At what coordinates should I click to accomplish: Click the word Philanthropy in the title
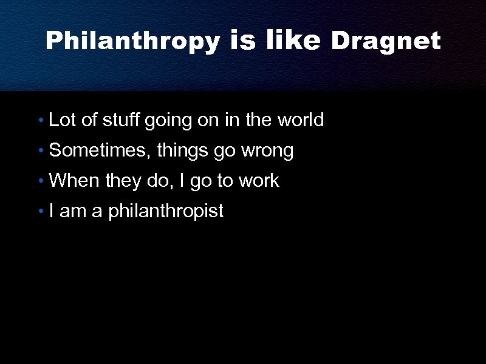coord(133,41)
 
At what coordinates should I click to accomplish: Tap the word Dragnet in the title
coord(385,41)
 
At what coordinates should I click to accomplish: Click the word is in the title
coord(244,41)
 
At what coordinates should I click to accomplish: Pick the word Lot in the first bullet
coord(62,120)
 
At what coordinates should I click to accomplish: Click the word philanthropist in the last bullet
coord(166,212)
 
